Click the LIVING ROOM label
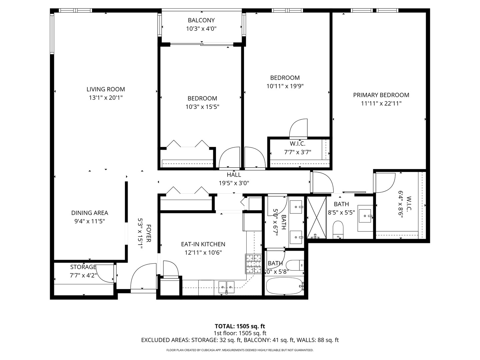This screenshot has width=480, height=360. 106,89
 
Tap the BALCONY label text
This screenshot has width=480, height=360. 201,20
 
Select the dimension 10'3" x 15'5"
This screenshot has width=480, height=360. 202,107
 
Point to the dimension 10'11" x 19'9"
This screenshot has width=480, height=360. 285,86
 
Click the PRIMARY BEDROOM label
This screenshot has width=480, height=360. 381,95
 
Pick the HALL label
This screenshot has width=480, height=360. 234,175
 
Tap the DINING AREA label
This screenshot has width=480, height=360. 89,213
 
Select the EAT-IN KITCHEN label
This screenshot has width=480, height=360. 203,244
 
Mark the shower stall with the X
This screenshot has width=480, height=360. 316,218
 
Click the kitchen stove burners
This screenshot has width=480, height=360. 254,264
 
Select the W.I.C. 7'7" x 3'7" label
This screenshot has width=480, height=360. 297,144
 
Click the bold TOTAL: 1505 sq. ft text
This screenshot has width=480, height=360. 240,326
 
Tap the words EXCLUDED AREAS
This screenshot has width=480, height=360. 165,340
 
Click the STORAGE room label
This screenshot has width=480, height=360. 83,267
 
